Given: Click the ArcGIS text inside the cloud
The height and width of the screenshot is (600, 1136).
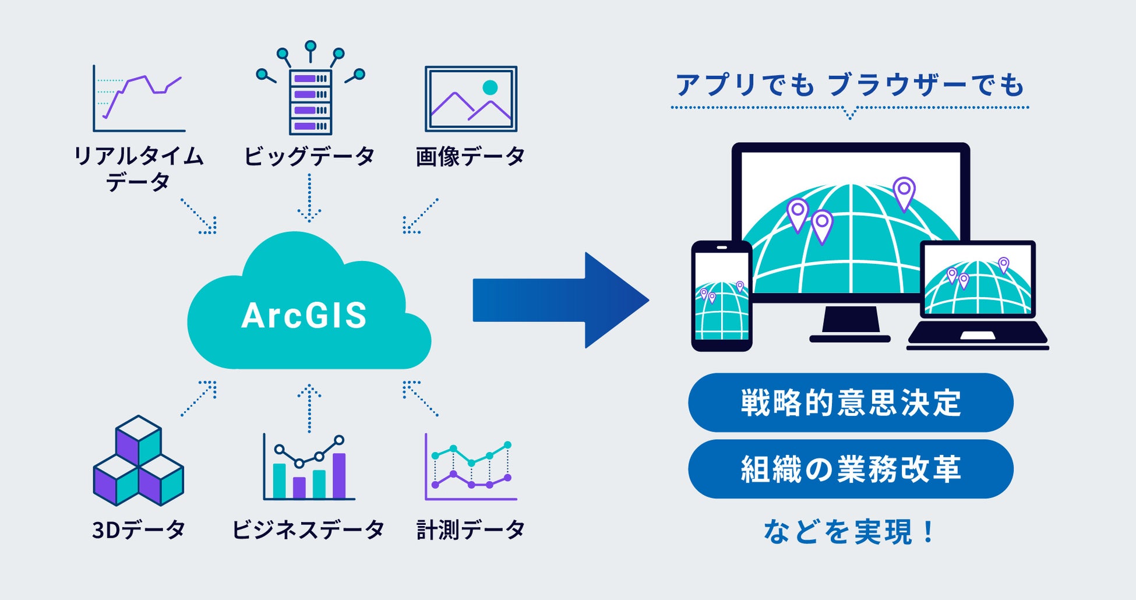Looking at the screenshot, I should point(304,315).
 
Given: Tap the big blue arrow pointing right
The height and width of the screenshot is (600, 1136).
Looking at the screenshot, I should point(559,301).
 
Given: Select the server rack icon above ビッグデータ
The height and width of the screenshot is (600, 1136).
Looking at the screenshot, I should point(311,102).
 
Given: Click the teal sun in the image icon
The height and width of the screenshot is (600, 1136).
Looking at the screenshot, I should point(490,87).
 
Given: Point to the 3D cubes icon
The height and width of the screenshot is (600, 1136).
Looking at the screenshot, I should point(139,461).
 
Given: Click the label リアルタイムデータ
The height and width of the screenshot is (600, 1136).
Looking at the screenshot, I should point(138,169).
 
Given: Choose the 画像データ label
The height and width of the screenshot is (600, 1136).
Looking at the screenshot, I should point(470,156).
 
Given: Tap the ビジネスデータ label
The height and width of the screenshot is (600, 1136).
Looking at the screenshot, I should point(308,530).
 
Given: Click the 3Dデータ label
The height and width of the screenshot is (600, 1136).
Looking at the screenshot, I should point(139,530).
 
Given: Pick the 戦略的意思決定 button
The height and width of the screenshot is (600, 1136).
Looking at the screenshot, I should point(851,403).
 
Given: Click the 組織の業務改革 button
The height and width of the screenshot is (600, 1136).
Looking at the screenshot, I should point(851,469).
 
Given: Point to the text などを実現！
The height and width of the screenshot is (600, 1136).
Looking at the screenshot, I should point(849,532).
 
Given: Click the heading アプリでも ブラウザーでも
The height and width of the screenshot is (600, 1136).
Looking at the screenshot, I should point(849,85).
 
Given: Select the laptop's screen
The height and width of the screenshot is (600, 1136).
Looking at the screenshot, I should point(978,280).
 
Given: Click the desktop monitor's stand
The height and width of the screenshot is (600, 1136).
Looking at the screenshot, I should point(850,323).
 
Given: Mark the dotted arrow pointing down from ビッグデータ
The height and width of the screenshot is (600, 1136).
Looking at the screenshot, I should point(309,198).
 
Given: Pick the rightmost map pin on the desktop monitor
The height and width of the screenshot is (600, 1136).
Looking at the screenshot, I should point(904,192).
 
